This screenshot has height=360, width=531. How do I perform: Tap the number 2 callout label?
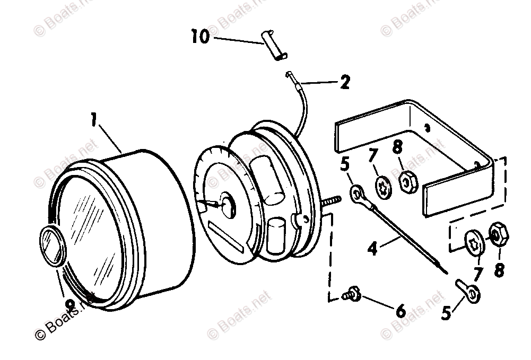(x=345, y=82)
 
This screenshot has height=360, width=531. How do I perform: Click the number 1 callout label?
(x=94, y=121)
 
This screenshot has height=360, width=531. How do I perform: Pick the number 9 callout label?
(x=68, y=304)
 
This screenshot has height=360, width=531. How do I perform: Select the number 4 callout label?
(x=373, y=248)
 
